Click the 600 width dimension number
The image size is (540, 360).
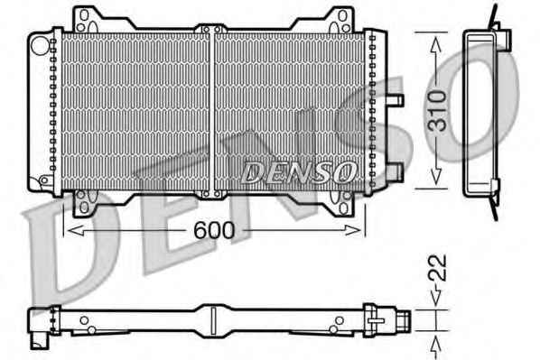pos(214,230)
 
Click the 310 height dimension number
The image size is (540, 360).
pos(437,111)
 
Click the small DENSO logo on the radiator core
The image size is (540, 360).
pos(298,172)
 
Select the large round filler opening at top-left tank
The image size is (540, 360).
pos(40,45)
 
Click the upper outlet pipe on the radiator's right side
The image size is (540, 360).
pos(395,100)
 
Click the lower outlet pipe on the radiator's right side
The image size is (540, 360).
pos(395,171)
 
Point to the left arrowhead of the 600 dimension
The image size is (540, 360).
pos(75,230)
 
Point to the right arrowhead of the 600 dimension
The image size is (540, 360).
pos(353,230)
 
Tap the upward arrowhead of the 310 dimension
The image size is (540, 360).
pos(436,45)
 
